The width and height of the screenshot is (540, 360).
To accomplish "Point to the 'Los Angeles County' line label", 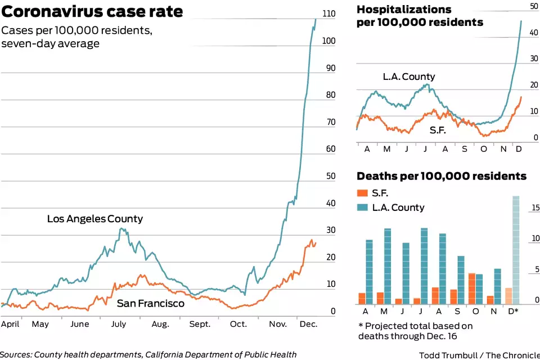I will pyautogui.click(x=95, y=219).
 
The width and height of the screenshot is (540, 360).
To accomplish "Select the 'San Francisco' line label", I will pyautogui.click(x=150, y=304).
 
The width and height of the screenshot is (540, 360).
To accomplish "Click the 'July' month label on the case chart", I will pyautogui.click(x=119, y=324).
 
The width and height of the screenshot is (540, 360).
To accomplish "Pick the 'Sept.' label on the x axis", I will pyautogui.click(x=200, y=324).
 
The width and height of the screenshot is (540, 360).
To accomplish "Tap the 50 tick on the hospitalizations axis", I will pyautogui.click(x=534, y=6).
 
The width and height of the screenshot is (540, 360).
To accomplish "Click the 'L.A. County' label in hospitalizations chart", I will pyautogui.click(x=409, y=77).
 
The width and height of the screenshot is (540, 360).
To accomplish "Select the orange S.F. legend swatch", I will pyautogui.click(x=363, y=193).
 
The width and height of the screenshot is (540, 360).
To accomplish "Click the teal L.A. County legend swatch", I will pyautogui.click(x=363, y=208).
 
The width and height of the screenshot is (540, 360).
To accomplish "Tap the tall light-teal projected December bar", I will pyautogui.click(x=516, y=250).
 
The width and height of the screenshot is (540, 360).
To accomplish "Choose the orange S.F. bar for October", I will pyautogui.click(x=472, y=289).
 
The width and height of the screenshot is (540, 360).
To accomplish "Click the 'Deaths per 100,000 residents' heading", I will pyautogui.click(x=442, y=177).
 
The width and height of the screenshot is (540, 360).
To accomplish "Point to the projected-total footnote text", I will pyautogui.click(x=416, y=331).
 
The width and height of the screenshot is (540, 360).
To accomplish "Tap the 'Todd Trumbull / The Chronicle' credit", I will pyautogui.click(x=479, y=355).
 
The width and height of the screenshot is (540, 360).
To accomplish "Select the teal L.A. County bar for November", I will pyautogui.click(x=497, y=286).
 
